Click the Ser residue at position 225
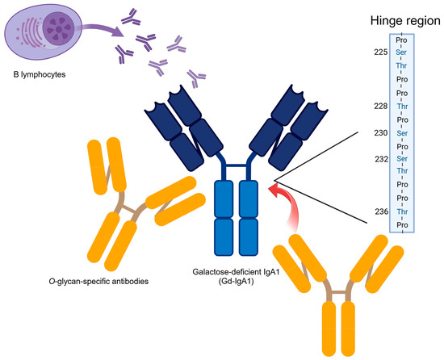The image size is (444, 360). (x=402, y=53)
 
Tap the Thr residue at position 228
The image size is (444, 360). (x=402, y=106)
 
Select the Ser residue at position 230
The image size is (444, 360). (x=402, y=132)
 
